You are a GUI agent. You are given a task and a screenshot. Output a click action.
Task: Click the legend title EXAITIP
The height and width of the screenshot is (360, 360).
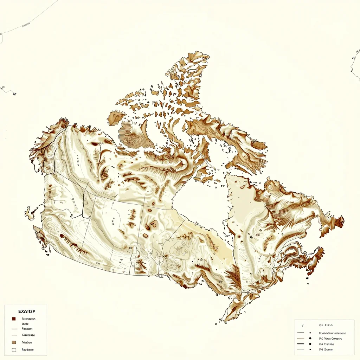[x=26, y=311]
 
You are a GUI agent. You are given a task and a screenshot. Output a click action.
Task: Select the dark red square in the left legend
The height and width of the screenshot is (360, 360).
[x=14, y=319]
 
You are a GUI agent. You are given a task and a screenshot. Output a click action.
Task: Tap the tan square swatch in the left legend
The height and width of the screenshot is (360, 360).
[x=14, y=342]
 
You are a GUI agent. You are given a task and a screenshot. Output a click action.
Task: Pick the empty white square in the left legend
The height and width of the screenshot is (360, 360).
[x=14, y=350]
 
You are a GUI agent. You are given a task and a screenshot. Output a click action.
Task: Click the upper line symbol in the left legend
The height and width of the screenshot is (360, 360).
[x=14, y=329]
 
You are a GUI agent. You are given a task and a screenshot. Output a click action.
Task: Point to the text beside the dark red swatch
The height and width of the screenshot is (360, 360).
[x=28, y=319]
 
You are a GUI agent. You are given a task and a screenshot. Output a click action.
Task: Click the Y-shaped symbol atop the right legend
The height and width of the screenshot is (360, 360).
[x=303, y=326]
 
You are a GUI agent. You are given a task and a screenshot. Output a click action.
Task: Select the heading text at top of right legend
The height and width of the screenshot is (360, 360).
[x=326, y=326]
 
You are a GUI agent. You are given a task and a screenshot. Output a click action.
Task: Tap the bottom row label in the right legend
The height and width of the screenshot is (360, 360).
[x=326, y=349]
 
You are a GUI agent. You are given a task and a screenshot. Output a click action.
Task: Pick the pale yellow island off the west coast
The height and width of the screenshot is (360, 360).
[x=29, y=212]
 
